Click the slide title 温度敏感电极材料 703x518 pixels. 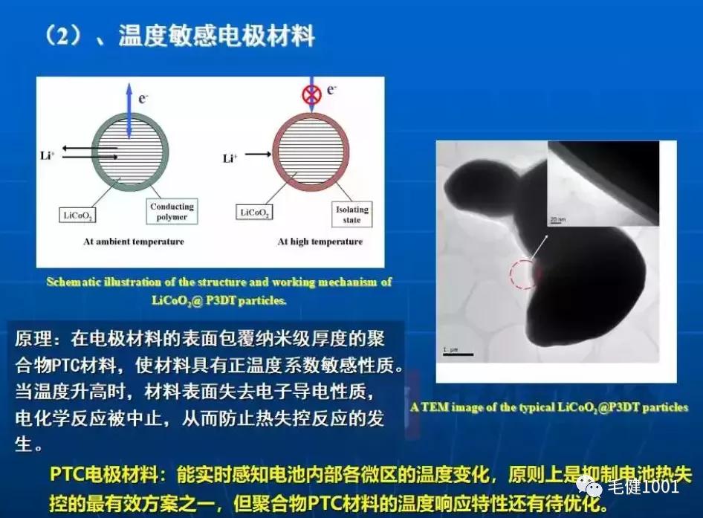216,35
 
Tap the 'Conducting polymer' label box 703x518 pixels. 172,212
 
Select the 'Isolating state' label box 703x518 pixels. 351,215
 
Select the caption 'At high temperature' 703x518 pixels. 320,242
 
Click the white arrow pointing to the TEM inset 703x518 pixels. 541,245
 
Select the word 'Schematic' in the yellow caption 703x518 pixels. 74,282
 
